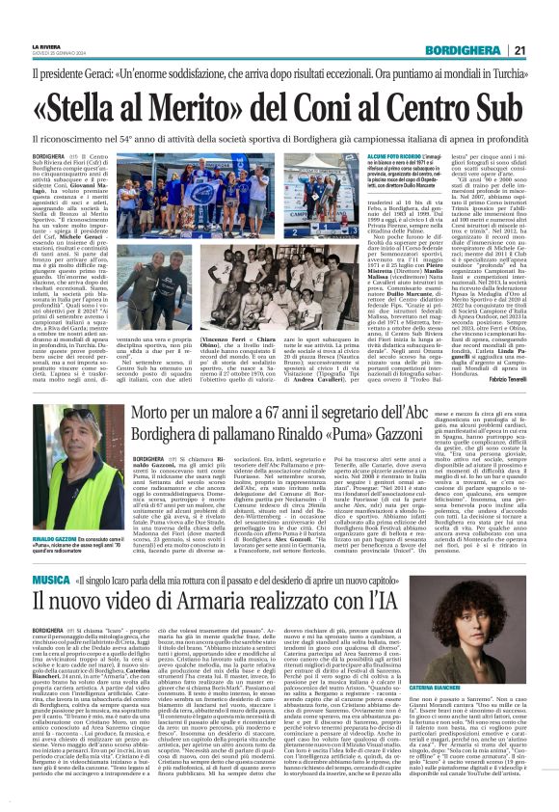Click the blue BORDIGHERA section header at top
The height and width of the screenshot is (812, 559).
coord(482,51)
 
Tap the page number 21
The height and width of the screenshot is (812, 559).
coord(545,51)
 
